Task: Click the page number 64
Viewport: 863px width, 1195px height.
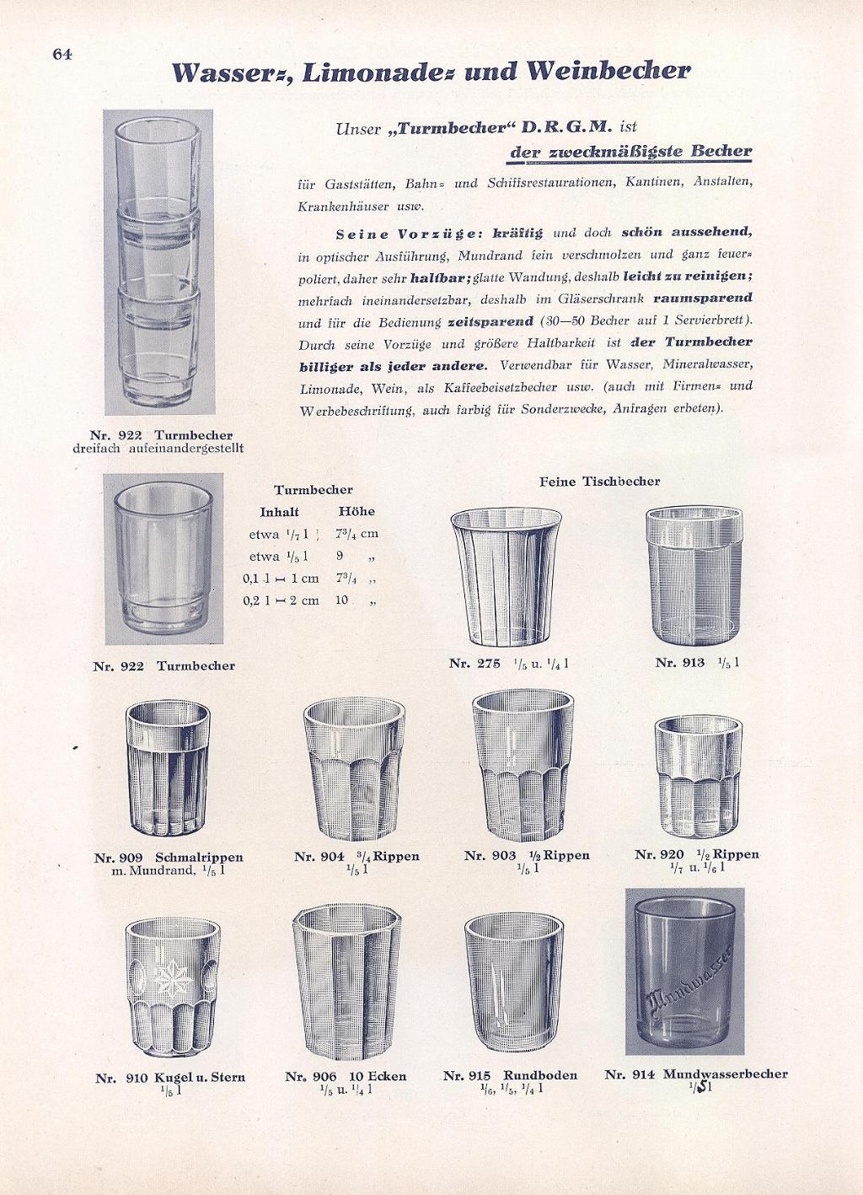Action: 62,54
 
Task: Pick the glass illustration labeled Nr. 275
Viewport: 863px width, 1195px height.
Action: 507,576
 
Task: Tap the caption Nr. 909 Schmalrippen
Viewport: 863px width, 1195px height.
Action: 169,858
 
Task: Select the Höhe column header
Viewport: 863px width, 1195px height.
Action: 356,512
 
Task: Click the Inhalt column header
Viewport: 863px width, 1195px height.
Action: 279,512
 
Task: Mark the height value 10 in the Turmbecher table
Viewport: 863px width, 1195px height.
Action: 341,600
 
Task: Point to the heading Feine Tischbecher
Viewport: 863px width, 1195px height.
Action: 600,482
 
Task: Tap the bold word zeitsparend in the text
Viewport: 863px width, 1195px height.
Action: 490,321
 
